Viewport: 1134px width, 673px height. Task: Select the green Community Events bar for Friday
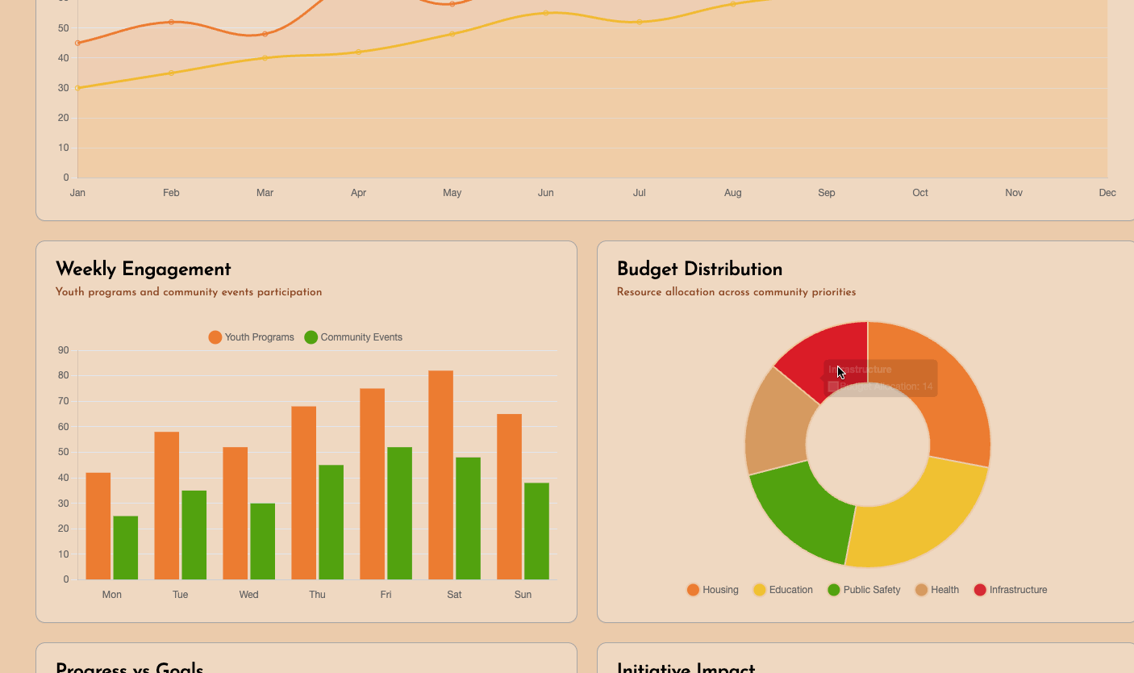pos(399,512)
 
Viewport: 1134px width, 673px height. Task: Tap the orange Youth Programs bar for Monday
pos(98,525)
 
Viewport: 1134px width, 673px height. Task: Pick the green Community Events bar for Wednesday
pos(262,541)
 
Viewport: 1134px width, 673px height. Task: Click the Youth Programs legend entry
pos(251,337)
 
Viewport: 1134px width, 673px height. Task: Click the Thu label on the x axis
pos(317,595)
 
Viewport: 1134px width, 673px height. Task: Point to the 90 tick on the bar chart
pos(63,350)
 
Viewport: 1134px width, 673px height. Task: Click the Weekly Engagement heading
pos(143,270)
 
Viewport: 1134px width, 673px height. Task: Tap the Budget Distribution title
pos(699,270)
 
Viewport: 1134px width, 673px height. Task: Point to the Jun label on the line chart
pos(546,193)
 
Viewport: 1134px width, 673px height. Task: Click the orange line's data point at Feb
pos(171,22)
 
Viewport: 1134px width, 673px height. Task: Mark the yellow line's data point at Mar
pos(265,58)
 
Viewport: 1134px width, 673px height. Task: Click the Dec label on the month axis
pos(1107,193)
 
